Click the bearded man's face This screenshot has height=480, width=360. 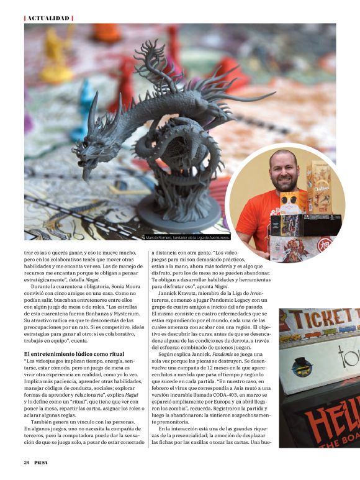(x=284, y=170)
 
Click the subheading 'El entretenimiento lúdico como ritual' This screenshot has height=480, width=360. (x=70, y=353)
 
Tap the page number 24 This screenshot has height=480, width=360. (x=27, y=462)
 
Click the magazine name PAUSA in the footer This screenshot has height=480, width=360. (x=43, y=462)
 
